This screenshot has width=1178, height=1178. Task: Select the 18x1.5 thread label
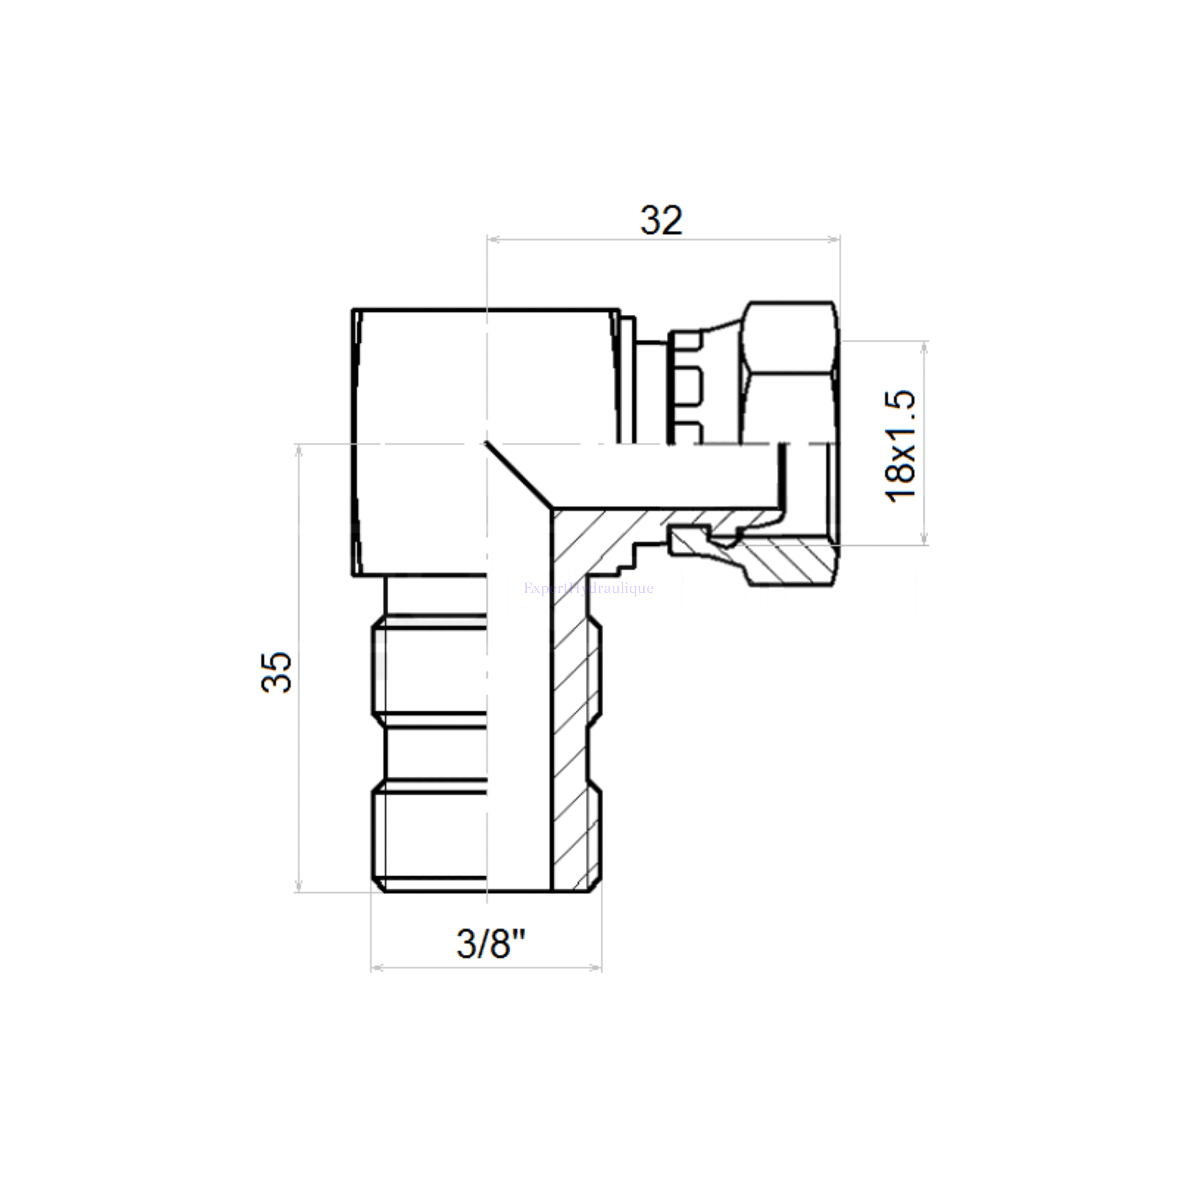click(901, 446)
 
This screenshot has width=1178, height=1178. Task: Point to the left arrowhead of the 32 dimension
click(493, 240)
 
